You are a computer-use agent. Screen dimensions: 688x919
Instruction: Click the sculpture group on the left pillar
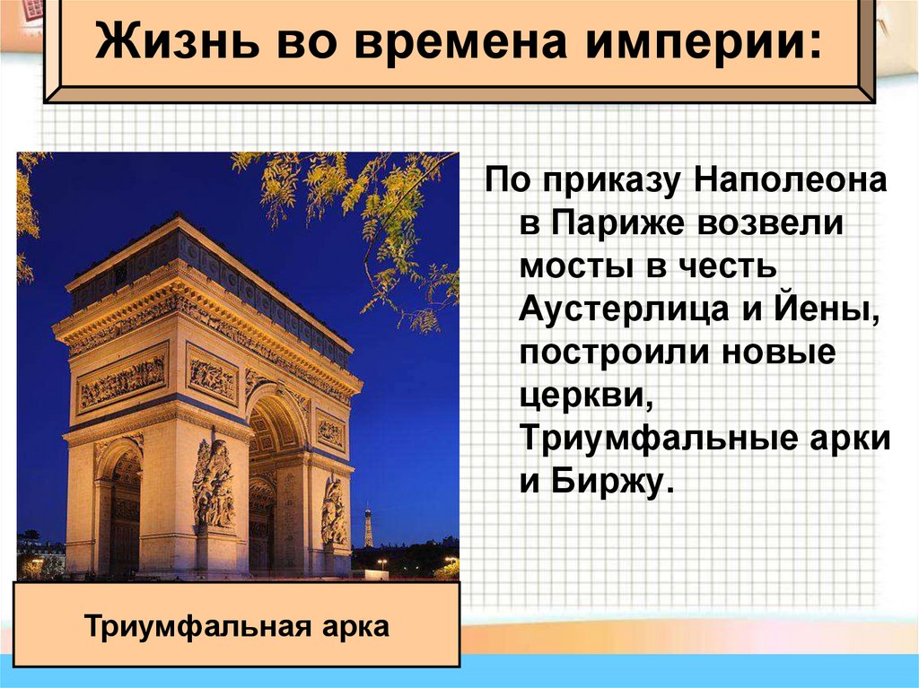pyautogui.click(x=214, y=484)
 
